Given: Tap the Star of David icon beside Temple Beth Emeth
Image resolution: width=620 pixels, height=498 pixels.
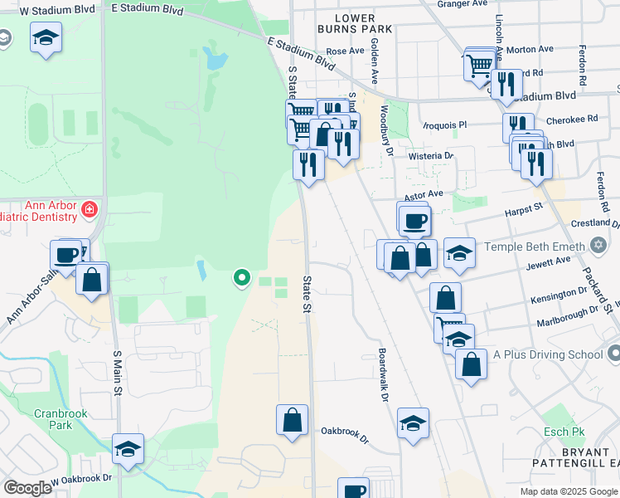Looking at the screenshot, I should (x=599, y=246).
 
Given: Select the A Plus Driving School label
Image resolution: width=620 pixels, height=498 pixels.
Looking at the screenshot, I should (x=548, y=354).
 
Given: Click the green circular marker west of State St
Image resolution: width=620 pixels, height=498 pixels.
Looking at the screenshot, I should (x=241, y=277).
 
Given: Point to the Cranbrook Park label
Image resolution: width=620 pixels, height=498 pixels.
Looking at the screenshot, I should (x=55, y=418).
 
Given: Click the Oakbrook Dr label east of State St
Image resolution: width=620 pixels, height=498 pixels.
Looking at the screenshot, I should (x=344, y=431).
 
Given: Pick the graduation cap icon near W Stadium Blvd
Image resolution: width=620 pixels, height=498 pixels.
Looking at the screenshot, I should (x=46, y=37).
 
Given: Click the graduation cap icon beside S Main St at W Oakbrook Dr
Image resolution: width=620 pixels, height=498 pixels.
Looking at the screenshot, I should (x=128, y=448).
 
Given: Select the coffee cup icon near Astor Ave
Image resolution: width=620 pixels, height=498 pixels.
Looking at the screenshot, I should (x=414, y=220).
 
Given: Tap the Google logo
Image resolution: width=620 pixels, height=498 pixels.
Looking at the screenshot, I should (x=27, y=488).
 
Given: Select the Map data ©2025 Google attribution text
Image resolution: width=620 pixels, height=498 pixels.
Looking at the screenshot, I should (x=568, y=491).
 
